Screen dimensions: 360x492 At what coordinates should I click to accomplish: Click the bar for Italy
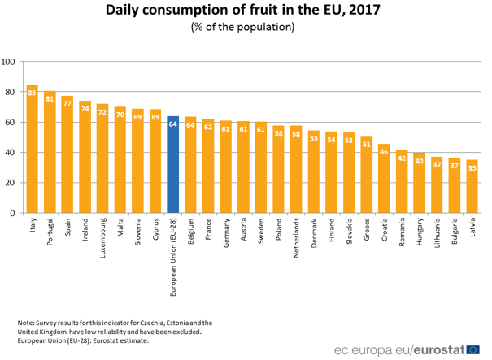(x=32, y=150)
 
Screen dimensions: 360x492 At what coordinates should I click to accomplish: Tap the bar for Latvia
(x=472, y=187)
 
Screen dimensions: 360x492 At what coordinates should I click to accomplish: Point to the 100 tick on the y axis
(x=8, y=62)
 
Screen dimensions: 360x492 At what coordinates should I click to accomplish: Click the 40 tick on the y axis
(x=10, y=153)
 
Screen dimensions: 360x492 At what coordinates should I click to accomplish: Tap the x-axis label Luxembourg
(x=102, y=237)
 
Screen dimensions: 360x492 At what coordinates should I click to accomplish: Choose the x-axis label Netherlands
(x=297, y=239)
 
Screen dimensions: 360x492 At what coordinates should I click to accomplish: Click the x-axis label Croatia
(x=385, y=231)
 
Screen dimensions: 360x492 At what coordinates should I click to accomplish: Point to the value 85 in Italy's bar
(x=32, y=93)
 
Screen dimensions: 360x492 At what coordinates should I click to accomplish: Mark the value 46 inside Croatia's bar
(x=385, y=152)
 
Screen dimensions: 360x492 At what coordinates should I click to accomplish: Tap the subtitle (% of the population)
(x=242, y=27)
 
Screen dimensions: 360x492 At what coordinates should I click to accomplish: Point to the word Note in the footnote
(x=27, y=323)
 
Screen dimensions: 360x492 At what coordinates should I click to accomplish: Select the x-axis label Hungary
(x=420, y=232)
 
